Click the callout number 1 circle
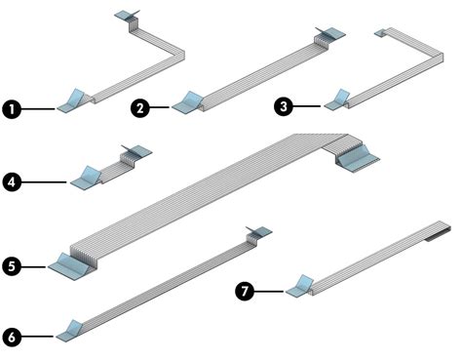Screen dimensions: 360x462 click(x=12, y=110)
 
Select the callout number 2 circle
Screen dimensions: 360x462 click(x=140, y=110)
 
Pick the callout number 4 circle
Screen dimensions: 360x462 click(x=12, y=180)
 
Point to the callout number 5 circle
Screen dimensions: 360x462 click(x=12, y=264)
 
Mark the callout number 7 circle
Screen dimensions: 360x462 click(x=247, y=290)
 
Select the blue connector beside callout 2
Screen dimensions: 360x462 click(x=189, y=100)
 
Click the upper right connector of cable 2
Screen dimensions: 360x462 click(x=331, y=35)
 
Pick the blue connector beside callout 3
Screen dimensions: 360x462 click(x=342, y=99)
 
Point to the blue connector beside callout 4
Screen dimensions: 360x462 click(x=88, y=177)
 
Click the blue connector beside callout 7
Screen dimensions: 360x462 click(x=298, y=286)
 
